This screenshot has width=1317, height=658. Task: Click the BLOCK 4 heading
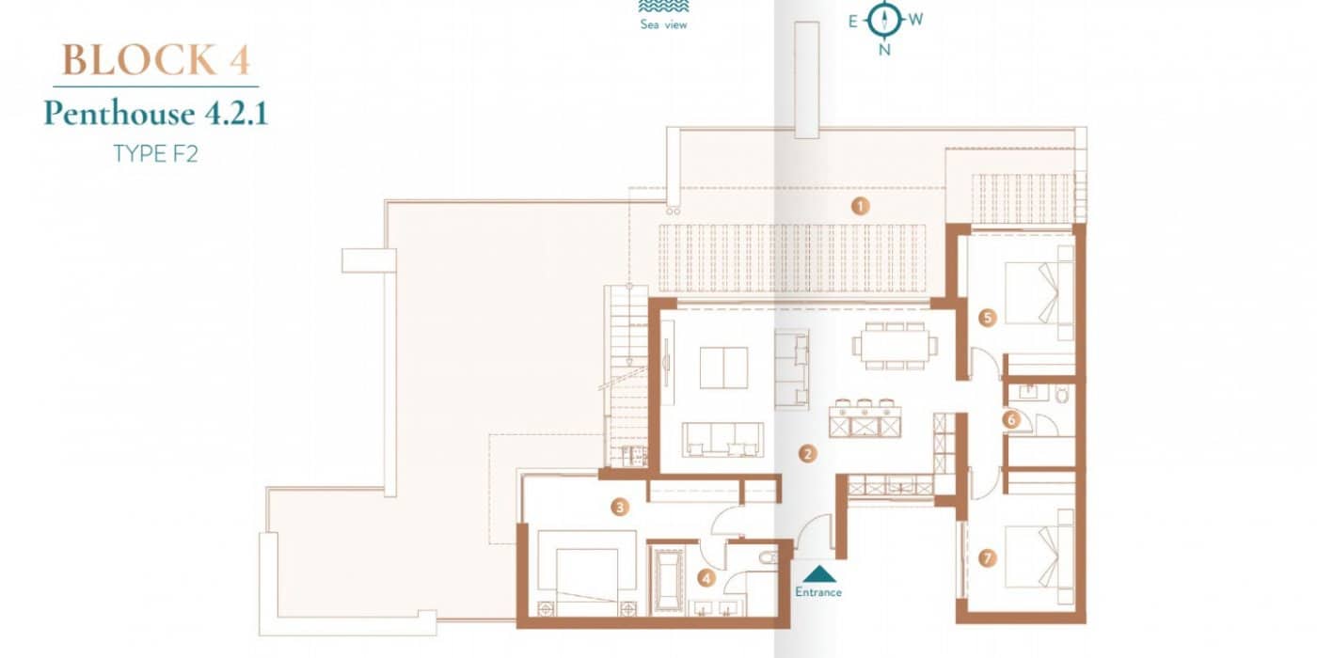[x=156, y=60]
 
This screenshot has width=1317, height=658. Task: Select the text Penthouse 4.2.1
[x=156, y=114]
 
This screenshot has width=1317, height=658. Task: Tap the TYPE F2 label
[x=156, y=153]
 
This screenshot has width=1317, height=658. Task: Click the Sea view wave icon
[x=663, y=8]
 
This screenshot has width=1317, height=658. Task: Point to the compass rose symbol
[x=883, y=19]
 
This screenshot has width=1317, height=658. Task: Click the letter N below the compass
[x=884, y=51]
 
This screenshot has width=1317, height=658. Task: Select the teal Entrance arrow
[x=819, y=574]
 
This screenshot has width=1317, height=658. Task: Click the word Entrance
[x=818, y=592]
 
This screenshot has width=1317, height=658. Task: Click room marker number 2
[x=807, y=453]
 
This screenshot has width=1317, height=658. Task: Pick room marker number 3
[x=619, y=508]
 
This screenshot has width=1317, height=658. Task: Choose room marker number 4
[x=707, y=579]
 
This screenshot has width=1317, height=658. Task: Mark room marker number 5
[x=987, y=318]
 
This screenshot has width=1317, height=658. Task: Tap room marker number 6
[x=1011, y=420]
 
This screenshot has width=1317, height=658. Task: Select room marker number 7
[x=987, y=558]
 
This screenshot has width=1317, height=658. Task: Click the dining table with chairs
[x=894, y=346]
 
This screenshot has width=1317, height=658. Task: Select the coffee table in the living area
[x=723, y=368]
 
